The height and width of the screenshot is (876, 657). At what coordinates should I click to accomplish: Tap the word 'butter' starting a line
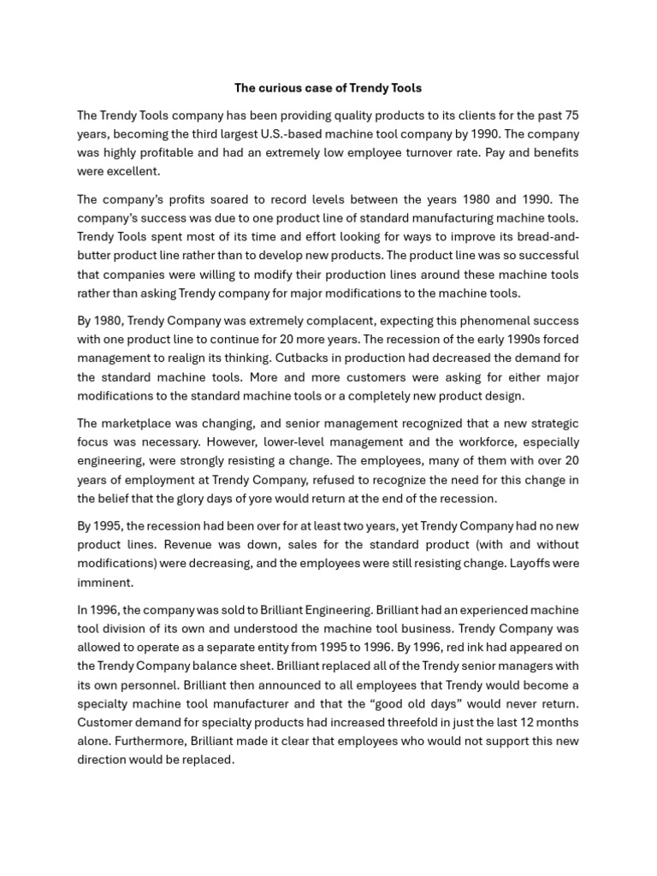coord(94,256)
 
